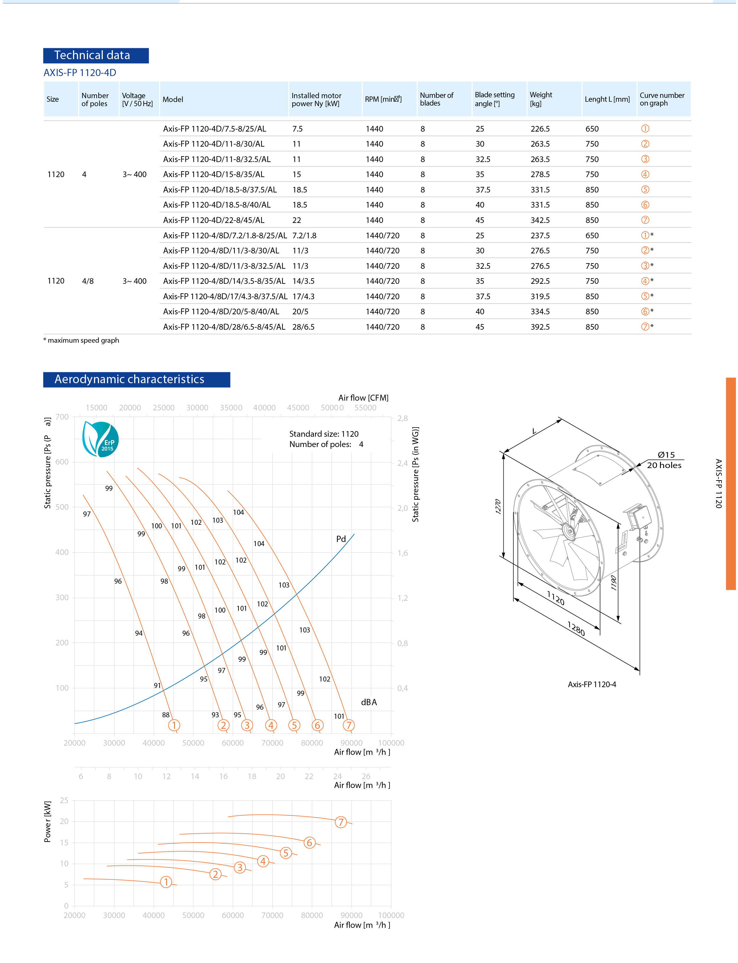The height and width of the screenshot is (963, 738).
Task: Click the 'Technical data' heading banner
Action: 96,55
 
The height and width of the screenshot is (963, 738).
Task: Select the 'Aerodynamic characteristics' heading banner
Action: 136,379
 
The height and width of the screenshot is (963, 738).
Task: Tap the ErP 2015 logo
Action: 100,439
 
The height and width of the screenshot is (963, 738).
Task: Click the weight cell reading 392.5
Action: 540,326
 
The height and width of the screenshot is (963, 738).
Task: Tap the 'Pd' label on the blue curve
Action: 341,539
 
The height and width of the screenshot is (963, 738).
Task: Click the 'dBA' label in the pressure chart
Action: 369,702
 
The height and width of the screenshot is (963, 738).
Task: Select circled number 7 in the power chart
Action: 341,822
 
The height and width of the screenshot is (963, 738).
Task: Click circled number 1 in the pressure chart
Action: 174,725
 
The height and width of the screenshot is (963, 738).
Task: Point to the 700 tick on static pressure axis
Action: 62,417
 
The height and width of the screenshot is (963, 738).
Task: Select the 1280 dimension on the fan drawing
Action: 575,629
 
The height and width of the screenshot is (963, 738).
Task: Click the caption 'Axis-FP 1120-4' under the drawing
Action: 592,684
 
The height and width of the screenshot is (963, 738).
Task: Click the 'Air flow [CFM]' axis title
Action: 363,398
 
